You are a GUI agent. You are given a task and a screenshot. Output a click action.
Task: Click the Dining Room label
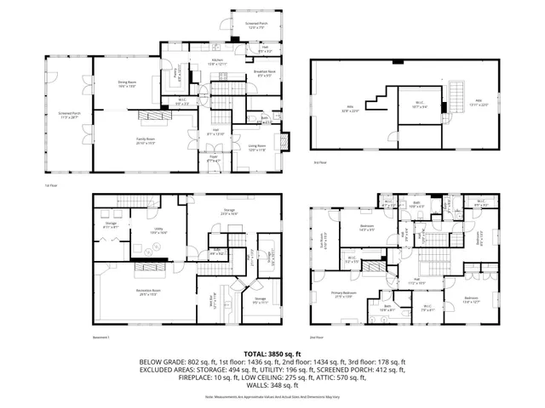tap(126, 84)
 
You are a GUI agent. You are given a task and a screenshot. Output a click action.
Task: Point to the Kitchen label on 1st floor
tap(220, 61)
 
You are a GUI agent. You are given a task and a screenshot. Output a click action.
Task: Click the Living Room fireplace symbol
tap(285, 141)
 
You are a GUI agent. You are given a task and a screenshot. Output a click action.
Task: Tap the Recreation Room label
tap(148, 292)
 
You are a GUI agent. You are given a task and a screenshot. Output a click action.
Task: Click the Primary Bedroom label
tap(345, 295)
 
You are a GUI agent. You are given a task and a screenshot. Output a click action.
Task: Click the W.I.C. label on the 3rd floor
tap(416, 105)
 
